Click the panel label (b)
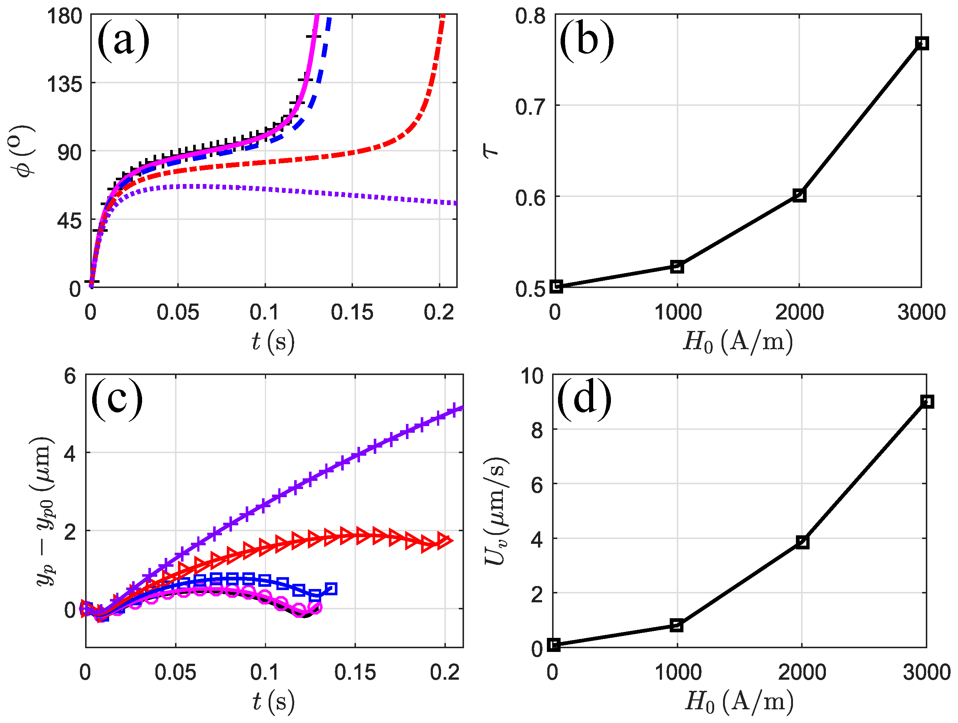point(586,41)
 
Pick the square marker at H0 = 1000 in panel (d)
point(676,625)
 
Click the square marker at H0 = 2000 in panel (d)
point(802,542)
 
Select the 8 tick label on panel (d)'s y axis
point(537,431)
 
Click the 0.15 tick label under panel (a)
point(352,312)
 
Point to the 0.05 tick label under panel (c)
point(175,672)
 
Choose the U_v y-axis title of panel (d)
point(495,511)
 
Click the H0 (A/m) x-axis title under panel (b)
point(738,342)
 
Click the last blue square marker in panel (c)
point(331,589)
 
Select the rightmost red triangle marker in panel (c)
point(444,540)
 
